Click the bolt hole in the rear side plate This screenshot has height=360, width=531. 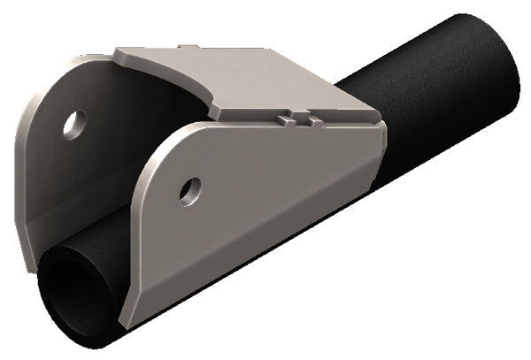[x=74, y=124]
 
